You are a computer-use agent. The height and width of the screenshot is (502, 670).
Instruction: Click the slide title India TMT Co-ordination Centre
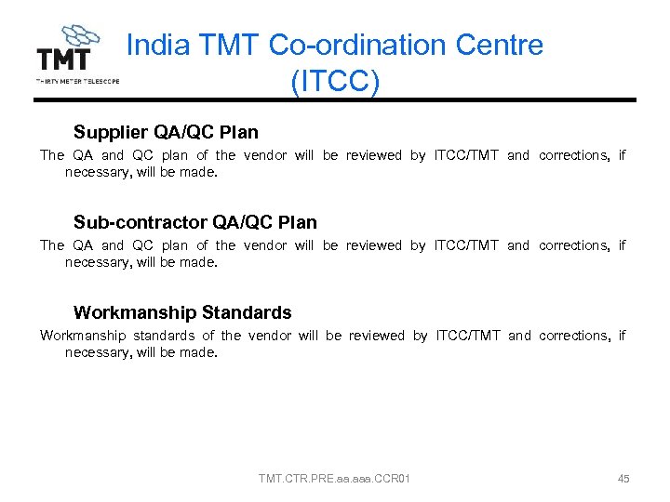[334, 45]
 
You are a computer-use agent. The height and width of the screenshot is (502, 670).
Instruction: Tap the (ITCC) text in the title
[335, 82]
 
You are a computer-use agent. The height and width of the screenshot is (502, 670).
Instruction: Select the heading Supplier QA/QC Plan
[166, 132]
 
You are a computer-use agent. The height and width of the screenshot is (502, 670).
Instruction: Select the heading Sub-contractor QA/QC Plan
[194, 222]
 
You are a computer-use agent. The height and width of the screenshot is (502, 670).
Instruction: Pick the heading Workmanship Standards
[182, 312]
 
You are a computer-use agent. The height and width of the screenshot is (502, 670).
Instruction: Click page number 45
[623, 479]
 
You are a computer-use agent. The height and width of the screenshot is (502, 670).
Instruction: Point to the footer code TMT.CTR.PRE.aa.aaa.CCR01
[335, 479]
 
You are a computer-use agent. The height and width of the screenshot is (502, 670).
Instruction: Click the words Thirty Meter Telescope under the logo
[77, 82]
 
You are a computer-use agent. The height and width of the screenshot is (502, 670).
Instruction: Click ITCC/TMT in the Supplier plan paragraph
[467, 155]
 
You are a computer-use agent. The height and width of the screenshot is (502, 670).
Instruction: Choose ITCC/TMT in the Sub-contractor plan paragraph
[467, 245]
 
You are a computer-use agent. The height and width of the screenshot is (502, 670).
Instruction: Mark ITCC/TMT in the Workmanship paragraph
[468, 336]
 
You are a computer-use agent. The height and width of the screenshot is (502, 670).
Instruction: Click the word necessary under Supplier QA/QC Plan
[94, 173]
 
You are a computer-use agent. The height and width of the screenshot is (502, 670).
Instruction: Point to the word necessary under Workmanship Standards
[94, 353]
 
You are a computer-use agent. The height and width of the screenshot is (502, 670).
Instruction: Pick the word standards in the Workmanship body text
[164, 336]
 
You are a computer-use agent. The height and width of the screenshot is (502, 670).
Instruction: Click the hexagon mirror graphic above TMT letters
[79, 37]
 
